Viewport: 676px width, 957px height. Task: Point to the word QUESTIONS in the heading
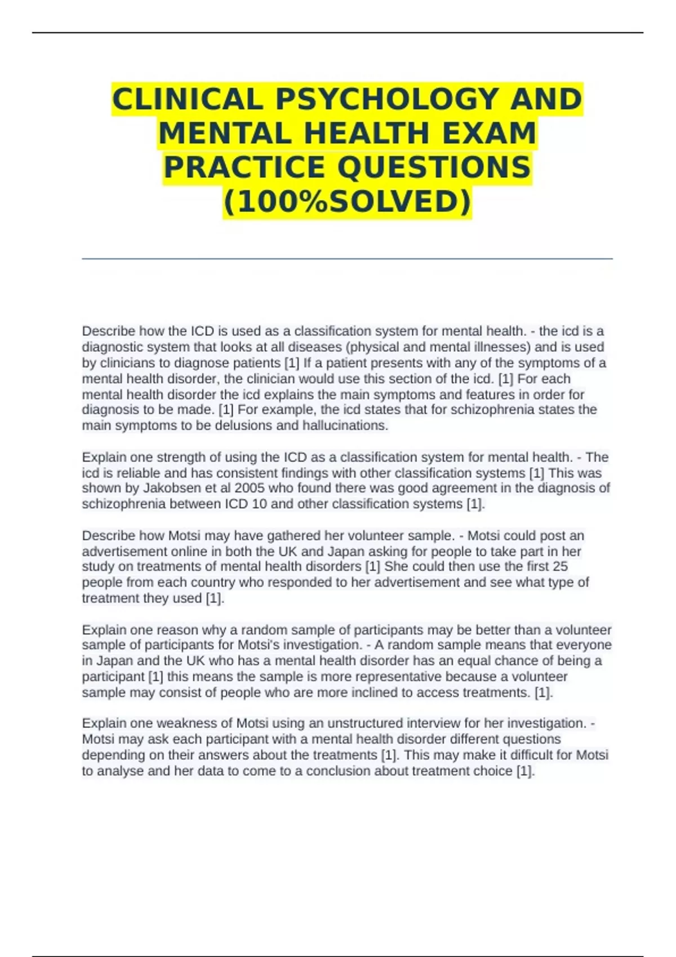(434, 167)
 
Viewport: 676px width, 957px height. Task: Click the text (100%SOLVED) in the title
(347, 202)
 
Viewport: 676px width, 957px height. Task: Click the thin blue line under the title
(347, 259)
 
